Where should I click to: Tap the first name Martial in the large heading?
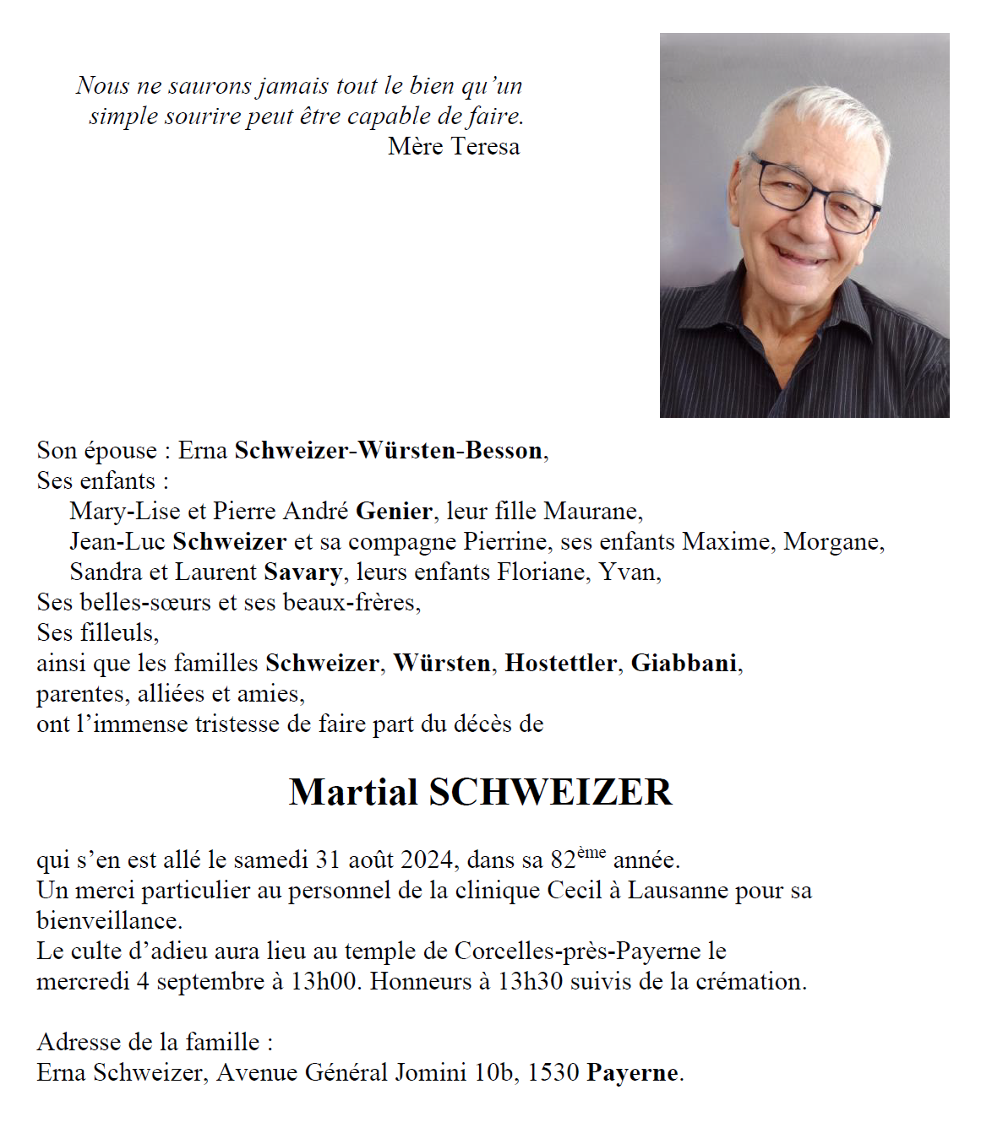(353, 792)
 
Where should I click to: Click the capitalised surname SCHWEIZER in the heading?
(550, 792)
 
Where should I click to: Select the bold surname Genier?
(394, 512)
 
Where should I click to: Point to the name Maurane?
(591, 512)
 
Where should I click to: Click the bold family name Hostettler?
(560, 664)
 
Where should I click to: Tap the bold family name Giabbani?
(684, 664)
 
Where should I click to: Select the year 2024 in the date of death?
(428, 860)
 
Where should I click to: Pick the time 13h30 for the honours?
(530, 982)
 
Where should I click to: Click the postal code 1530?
(553, 1073)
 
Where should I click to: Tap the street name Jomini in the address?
(436, 1073)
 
